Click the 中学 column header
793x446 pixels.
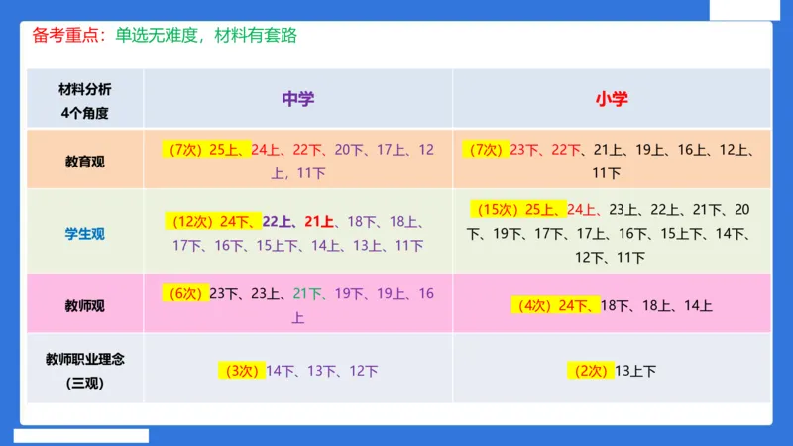point(297,98)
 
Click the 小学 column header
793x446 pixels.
point(612,98)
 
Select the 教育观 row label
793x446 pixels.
point(84,162)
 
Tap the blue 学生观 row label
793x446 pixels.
point(84,234)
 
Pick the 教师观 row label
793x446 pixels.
point(84,305)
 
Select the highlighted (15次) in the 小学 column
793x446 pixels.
point(501,209)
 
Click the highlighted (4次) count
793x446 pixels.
point(535,305)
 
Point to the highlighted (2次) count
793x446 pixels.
point(591,371)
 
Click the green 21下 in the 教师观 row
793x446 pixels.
point(308,293)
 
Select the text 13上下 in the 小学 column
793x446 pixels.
point(635,371)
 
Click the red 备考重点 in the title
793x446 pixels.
point(62,36)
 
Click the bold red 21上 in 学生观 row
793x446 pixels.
point(318,221)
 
